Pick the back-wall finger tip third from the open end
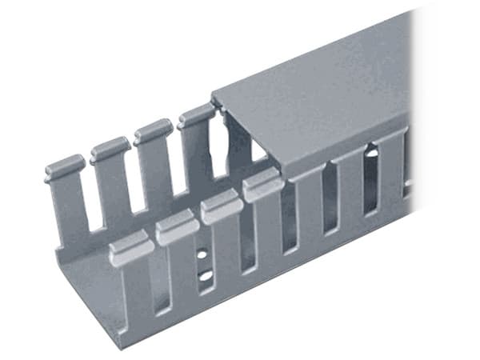[153, 130]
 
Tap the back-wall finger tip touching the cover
[195, 115]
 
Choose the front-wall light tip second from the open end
[178, 229]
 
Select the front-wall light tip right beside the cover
[262, 187]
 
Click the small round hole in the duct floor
[202, 254]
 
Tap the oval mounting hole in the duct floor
[206, 275]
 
